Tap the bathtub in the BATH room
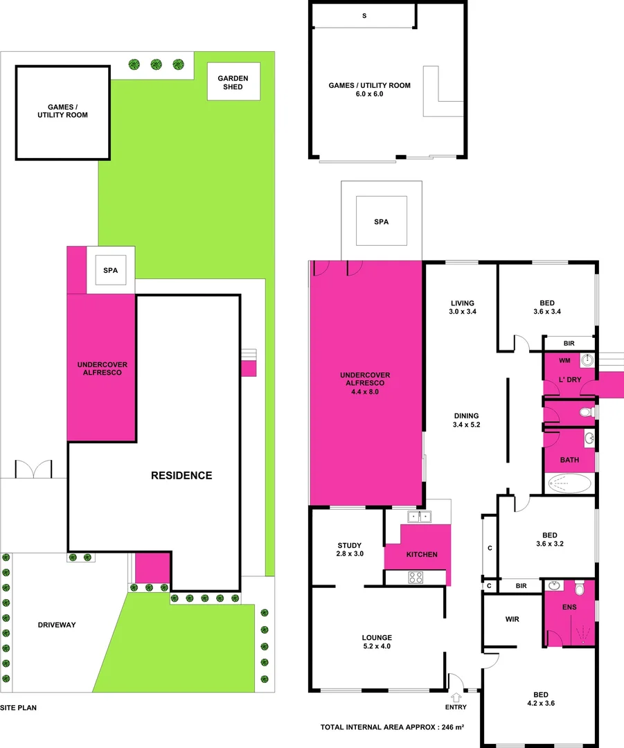pyautogui.click(x=570, y=483)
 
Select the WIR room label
pyautogui.click(x=512, y=619)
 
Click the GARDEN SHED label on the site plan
pyautogui.click(x=233, y=82)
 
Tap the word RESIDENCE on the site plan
pyautogui.click(x=182, y=475)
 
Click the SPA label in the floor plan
pyautogui.click(x=381, y=222)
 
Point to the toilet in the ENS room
pyautogui.click(x=580, y=588)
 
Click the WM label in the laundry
pyautogui.click(x=564, y=360)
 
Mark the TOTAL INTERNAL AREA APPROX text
pyautogui.click(x=391, y=727)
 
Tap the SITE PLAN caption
pyautogui.click(x=18, y=708)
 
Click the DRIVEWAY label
pyautogui.click(x=57, y=625)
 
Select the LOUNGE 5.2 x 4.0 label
pyautogui.click(x=377, y=642)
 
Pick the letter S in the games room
pyautogui.click(x=364, y=15)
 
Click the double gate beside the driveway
pyautogui.click(x=33, y=470)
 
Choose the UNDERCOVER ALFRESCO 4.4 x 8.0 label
pyautogui.click(x=364, y=383)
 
